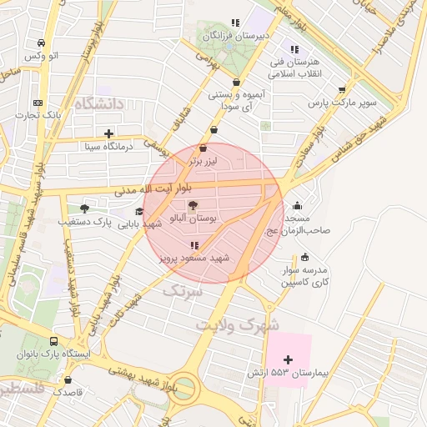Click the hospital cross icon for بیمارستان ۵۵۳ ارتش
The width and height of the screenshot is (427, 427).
pyautogui.click(x=289, y=359)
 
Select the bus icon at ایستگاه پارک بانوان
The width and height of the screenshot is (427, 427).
pyautogui.click(x=54, y=342)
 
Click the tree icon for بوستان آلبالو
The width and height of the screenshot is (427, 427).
pyautogui.click(x=193, y=205)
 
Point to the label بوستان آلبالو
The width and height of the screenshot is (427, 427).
pyautogui.click(x=193, y=219)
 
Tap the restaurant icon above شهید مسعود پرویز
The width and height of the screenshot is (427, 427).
pyautogui.click(x=193, y=245)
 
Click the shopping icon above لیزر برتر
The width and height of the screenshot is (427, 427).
pyautogui.click(x=203, y=148)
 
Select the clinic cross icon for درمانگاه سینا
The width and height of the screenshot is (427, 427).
pyautogui.click(x=108, y=133)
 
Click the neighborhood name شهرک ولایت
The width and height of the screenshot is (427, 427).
pyautogui.click(x=237, y=325)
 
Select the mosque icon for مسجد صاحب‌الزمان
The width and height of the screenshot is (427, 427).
pyautogui.click(x=298, y=206)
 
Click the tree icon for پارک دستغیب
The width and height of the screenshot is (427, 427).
pyautogui.click(x=84, y=208)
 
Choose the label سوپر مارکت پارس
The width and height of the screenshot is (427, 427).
pyautogui.click(x=343, y=103)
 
